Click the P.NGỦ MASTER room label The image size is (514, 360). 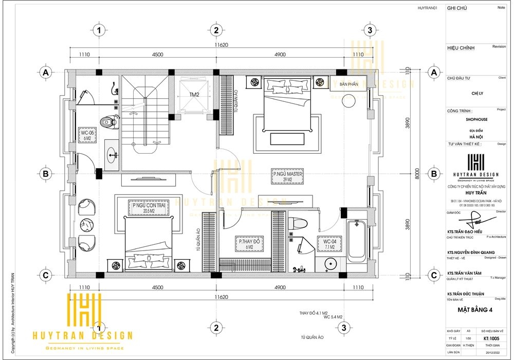click(x=288, y=177)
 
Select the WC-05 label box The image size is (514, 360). click(x=85, y=135)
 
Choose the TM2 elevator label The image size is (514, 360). click(x=194, y=95)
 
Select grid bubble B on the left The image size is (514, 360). click(x=46, y=174)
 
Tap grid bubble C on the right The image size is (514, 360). click(x=434, y=275)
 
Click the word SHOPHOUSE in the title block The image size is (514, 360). click(x=476, y=119)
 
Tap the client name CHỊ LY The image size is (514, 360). click(x=476, y=94)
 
